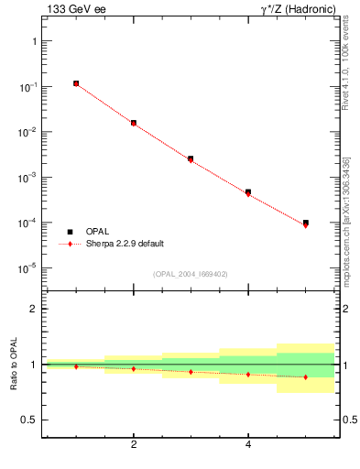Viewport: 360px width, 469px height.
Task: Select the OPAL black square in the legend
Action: (x=70, y=232)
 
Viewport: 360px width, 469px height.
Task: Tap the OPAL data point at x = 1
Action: (x=76, y=83)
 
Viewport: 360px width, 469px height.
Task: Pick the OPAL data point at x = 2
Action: (x=134, y=122)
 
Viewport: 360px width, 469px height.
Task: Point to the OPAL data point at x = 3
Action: (x=191, y=158)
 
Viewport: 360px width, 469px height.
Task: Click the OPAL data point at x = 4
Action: (x=248, y=192)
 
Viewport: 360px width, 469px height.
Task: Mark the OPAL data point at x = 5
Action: (x=306, y=223)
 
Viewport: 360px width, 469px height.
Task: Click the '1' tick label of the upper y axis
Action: (x=34, y=42)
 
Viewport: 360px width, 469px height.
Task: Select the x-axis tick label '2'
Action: (x=134, y=445)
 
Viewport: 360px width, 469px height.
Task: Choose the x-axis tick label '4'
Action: (x=248, y=445)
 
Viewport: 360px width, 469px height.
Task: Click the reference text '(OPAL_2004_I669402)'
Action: (x=190, y=274)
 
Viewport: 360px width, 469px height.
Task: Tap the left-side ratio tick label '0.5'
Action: (x=30, y=420)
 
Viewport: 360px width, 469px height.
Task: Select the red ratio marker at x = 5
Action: (x=306, y=376)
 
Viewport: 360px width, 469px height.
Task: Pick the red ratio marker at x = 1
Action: (x=76, y=366)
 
